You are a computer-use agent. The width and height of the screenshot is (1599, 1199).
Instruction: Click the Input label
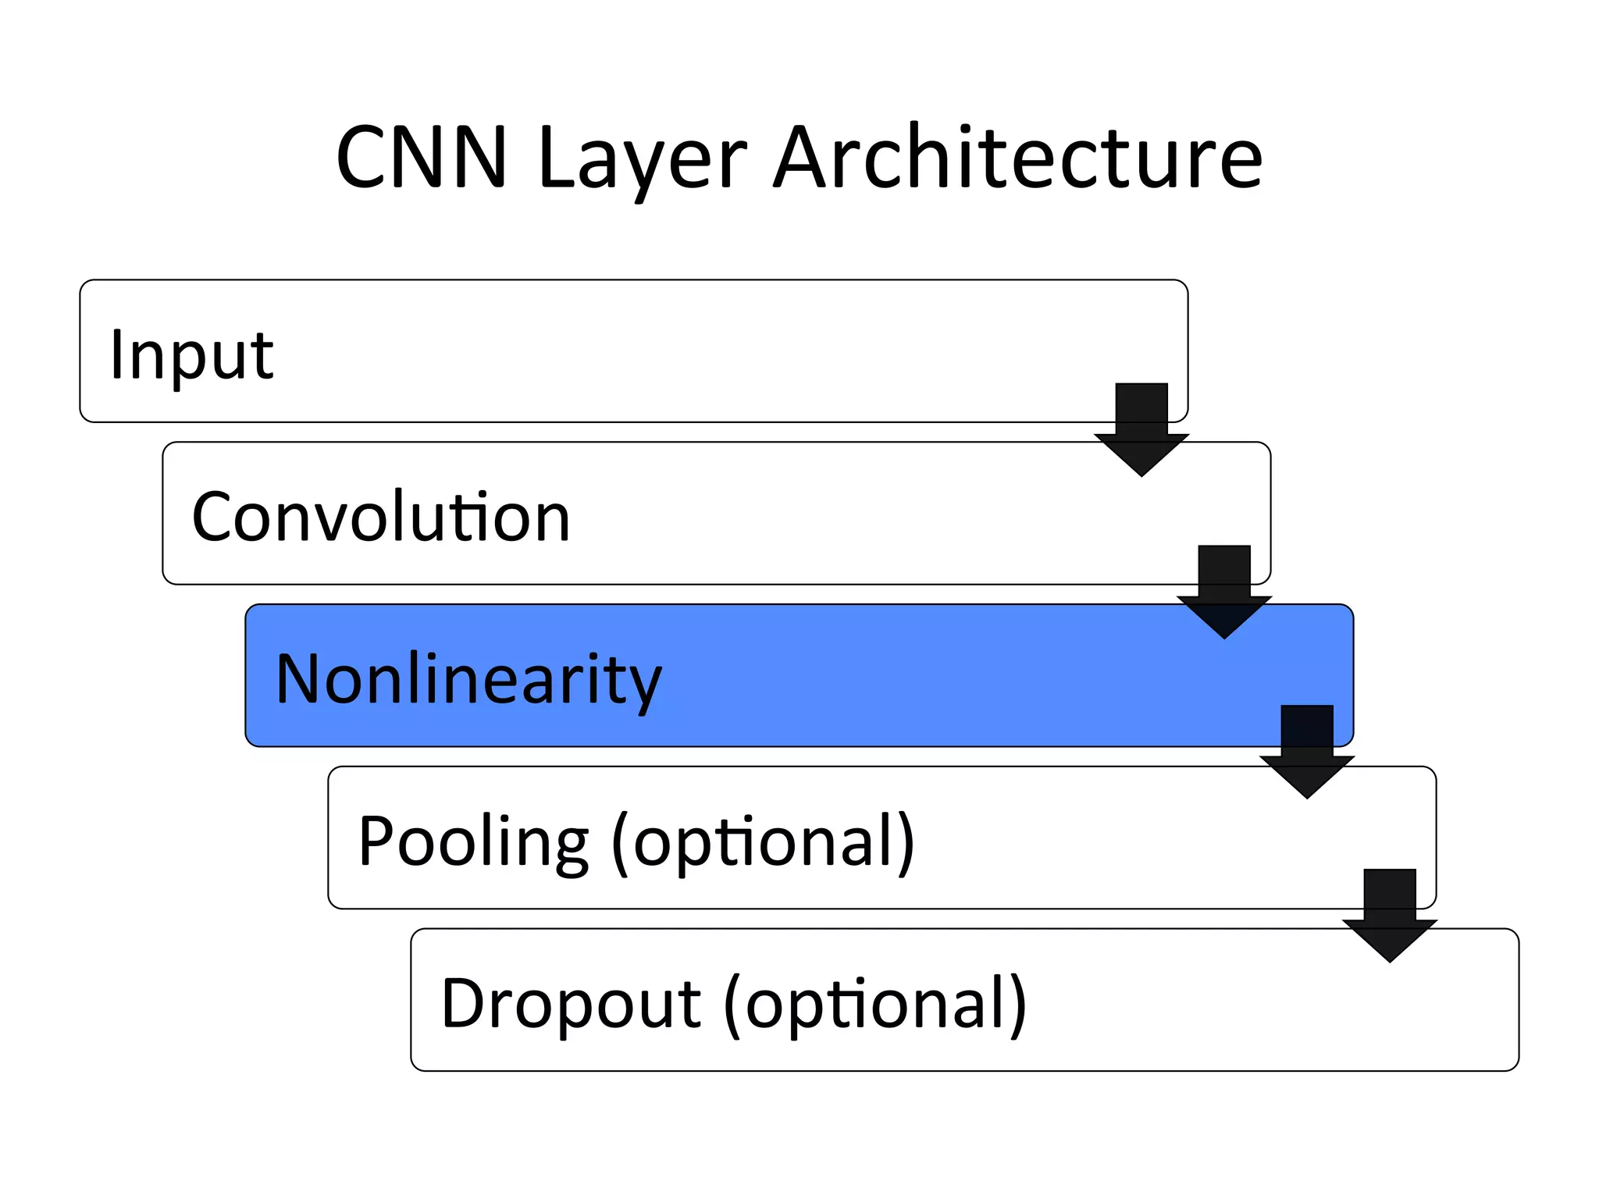tap(191, 355)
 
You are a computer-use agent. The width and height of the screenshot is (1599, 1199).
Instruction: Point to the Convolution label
tap(381, 517)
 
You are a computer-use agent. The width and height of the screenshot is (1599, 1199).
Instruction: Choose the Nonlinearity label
tap(468, 679)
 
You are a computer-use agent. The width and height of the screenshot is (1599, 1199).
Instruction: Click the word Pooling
tap(473, 841)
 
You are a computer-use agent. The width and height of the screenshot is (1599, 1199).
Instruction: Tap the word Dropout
tap(571, 1004)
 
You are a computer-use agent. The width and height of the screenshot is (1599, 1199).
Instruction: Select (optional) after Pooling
tap(763, 841)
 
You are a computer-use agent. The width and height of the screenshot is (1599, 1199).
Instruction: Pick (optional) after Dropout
tap(875, 1004)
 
